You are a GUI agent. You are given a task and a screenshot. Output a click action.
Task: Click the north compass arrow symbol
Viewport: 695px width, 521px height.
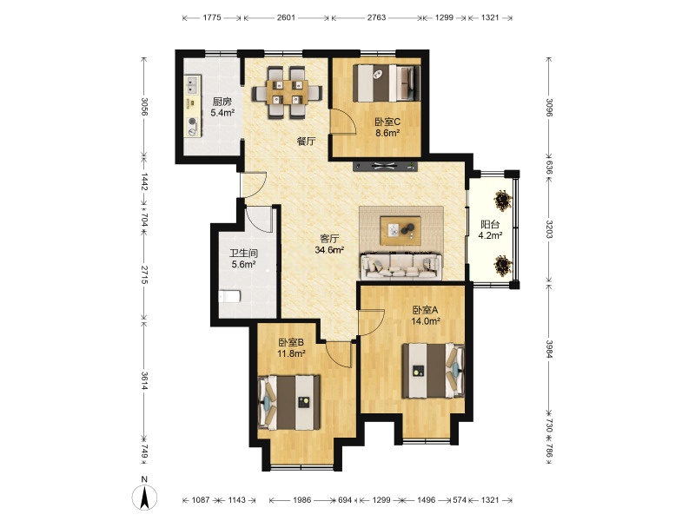tap(144, 498)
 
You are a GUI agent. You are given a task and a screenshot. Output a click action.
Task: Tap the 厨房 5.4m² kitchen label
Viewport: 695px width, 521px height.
tap(222, 107)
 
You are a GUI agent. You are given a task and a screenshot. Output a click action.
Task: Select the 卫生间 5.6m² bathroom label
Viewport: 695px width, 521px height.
tap(243, 259)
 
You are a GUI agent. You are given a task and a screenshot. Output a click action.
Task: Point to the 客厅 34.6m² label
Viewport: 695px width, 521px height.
tap(329, 244)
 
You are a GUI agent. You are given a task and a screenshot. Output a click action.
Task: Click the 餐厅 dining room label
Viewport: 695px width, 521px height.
tap(307, 142)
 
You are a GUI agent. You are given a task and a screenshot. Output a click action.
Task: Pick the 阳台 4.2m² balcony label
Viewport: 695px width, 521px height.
tap(490, 230)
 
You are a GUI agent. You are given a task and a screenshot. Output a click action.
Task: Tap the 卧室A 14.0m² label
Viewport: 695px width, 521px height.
tap(426, 315)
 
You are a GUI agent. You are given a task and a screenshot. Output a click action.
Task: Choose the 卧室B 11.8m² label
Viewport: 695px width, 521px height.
tap(291, 348)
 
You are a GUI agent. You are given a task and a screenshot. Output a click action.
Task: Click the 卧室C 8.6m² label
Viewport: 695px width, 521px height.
tap(387, 127)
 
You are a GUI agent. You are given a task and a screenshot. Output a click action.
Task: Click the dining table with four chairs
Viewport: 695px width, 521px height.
tap(288, 92)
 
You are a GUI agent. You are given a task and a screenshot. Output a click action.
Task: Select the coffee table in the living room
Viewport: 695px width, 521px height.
tap(400, 230)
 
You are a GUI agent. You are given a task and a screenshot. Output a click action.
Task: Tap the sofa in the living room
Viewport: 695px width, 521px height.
tap(401, 266)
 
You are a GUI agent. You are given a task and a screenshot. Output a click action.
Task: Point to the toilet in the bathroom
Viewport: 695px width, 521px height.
tap(229, 295)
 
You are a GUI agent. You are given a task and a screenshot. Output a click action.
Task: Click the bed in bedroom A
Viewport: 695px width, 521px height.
tap(433, 371)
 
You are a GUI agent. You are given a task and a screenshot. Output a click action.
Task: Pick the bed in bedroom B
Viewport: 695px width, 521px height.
tap(289, 402)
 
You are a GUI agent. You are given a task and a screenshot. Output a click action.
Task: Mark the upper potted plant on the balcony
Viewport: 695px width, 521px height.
tap(503, 201)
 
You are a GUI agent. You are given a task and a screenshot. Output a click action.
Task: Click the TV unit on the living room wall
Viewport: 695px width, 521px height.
tap(386, 167)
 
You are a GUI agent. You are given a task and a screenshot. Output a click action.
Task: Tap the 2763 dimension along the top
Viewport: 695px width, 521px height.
tap(377, 17)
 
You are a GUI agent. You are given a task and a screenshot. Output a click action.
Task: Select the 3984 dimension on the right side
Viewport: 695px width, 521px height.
tap(549, 349)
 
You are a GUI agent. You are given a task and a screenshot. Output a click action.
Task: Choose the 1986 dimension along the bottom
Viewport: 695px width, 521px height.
tap(301, 500)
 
